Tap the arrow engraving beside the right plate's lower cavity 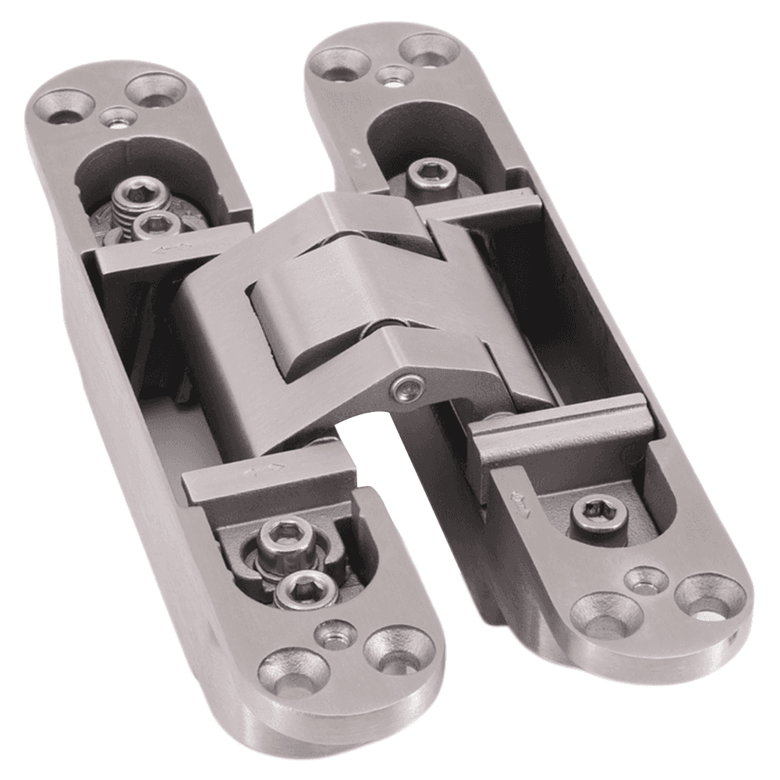point(519,499)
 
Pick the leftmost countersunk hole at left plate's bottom point(293,670)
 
